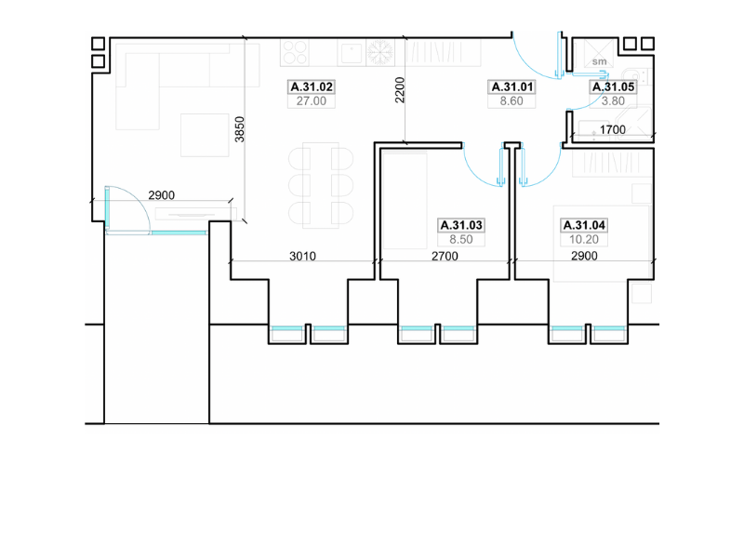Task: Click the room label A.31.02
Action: (x=312, y=86)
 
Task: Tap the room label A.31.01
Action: (x=512, y=86)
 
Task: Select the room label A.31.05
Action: (x=613, y=86)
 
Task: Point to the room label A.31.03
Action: (x=461, y=225)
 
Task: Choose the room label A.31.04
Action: (x=584, y=225)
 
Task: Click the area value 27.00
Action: (x=312, y=101)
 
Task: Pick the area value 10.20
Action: (x=584, y=240)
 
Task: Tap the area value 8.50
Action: (x=461, y=240)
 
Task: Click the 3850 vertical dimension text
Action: (x=240, y=129)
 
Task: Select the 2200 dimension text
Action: (x=400, y=89)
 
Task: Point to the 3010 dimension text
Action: (x=303, y=257)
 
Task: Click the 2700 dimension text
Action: (x=445, y=257)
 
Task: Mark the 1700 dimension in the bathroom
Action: (x=613, y=129)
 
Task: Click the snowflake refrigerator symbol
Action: (x=381, y=52)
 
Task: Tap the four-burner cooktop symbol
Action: (x=295, y=52)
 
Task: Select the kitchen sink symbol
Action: (x=352, y=53)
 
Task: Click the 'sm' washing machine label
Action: (x=599, y=61)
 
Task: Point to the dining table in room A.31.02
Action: (x=321, y=185)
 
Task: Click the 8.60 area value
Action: (x=511, y=101)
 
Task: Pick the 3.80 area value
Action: (x=613, y=101)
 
